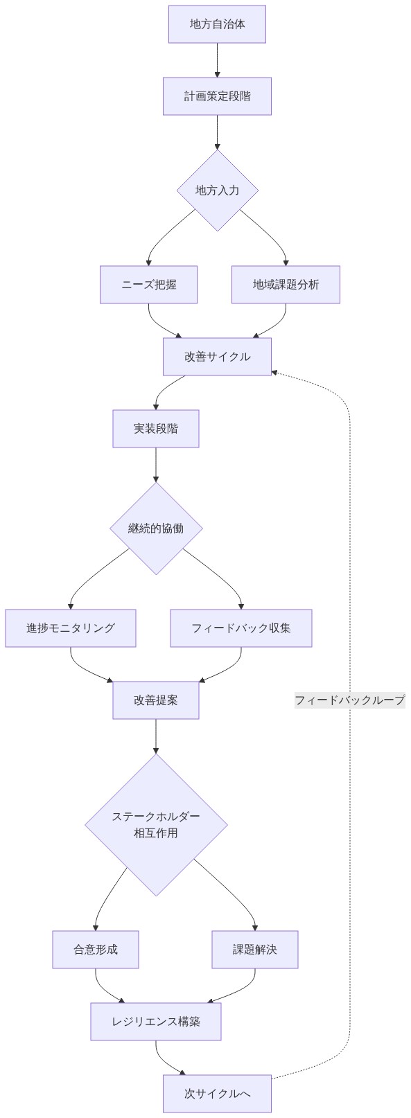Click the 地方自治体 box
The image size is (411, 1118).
coord(217,24)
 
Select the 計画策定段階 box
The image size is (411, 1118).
coord(217,96)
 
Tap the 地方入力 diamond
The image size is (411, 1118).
coord(217,190)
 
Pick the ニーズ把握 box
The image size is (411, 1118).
coord(148,285)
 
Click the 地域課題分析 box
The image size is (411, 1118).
coord(286,285)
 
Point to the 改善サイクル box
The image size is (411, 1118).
coord(217,357)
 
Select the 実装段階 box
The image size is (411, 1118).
coord(156,429)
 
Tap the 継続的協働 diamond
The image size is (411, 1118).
coord(156,529)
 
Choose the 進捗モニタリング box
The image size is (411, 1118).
coord(71,628)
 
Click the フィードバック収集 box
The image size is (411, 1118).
coord(241,628)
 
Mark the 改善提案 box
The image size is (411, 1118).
coord(156,700)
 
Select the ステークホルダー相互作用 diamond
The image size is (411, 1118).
coord(156,825)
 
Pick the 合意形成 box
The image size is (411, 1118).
coord(96,950)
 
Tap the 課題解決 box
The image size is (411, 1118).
coord(255,950)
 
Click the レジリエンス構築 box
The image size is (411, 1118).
coord(156,1022)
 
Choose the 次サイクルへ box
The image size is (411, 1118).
coord(217,1094)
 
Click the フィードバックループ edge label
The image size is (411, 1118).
coord(349,700)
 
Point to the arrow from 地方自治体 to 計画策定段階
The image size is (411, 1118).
coord(217,60)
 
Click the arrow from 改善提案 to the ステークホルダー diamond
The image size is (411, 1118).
coord(156,736)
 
